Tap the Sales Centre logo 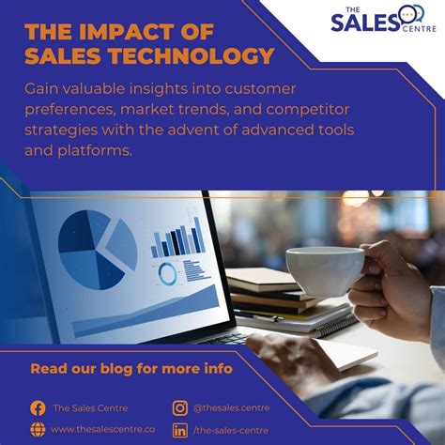383,19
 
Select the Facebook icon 38,408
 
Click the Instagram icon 180,408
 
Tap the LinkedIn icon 180,430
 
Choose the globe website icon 38,429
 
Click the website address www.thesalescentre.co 102,429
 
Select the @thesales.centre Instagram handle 231,408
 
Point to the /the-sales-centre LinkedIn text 231,430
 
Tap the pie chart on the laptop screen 98,250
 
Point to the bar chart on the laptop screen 177,238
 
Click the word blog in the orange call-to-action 116,369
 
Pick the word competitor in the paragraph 308,110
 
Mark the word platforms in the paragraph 95,151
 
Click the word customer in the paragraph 260,89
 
